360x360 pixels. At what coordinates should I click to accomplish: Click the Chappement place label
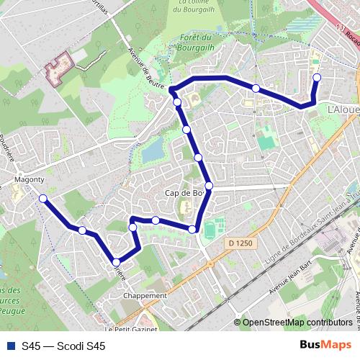pos(145,295)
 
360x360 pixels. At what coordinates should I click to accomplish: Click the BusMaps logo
pos(325,346)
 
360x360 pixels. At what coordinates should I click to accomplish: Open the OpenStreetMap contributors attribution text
pos(297,323)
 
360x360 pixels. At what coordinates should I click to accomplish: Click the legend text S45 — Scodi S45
pos(63,346)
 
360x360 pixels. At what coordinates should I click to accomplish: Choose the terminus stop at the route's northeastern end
pos(316,77)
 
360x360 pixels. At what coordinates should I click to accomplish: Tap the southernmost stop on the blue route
pos(116,262)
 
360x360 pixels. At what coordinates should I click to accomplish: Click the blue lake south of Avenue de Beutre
pos(153,150)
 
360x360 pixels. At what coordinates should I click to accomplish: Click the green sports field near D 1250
pos(210,231)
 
